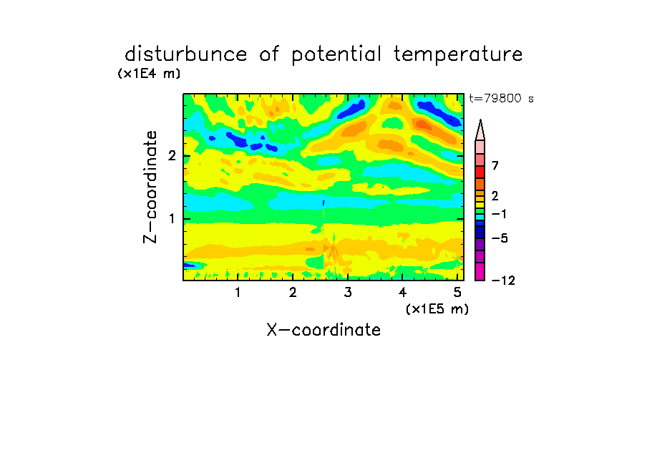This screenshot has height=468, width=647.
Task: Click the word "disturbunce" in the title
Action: [x=185, y=54]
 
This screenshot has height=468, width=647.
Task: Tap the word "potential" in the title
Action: [x=336, y=55]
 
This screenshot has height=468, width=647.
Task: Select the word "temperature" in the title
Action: [x=458, y=55]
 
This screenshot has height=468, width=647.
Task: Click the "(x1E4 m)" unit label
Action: [x=149, y=74]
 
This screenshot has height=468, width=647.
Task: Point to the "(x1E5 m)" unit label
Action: [x=437, y=308]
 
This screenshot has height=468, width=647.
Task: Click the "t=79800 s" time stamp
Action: [x=501, y=98]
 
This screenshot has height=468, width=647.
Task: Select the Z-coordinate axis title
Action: [x=150, y=187]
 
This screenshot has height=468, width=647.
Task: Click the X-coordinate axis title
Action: [x=323, y=330]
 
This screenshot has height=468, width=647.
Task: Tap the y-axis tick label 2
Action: [x=172, y=156]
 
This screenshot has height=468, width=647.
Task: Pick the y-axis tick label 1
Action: [x=172, y=219]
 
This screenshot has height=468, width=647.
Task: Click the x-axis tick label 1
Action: [x=238, y=293]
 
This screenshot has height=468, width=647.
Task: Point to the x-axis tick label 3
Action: [x=348, y=293]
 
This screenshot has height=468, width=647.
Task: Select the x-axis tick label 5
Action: [x=457, y=293]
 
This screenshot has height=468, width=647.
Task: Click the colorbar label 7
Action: [x=495, y=165]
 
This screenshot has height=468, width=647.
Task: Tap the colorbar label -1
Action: [x=499, y=214]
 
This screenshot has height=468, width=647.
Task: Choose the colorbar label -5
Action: [x=500, y=238]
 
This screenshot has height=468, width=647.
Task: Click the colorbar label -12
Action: [x=503, y=281]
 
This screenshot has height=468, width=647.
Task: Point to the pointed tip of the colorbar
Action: [x=480, y=120]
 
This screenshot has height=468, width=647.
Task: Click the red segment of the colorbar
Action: [x=480, y=172]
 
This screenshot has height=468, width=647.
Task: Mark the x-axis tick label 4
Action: [x=403, y=293]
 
